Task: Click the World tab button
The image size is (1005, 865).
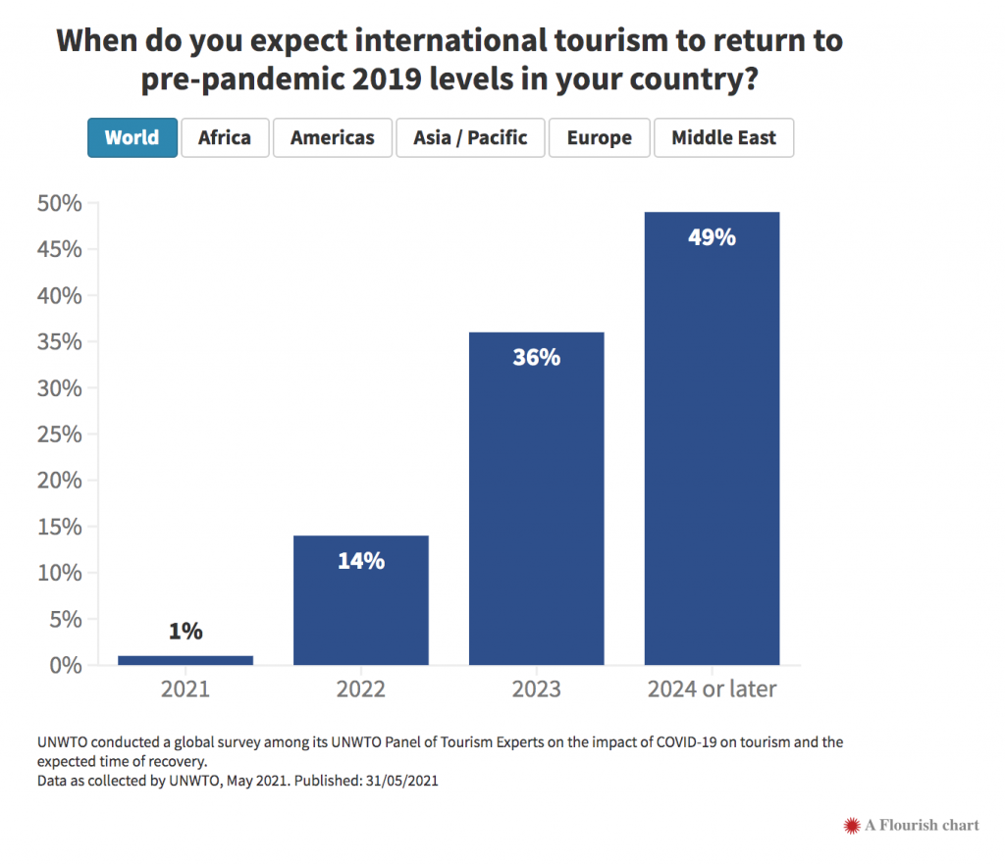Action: tap(132, 138)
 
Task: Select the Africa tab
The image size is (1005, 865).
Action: tap(225, 138)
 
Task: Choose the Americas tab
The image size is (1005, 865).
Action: tap(333, 138)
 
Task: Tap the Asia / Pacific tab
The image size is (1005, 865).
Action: tap(470, 138)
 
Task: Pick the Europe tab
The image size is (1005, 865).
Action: tap(599, 138)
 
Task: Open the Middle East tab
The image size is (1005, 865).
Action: tap(723, 138)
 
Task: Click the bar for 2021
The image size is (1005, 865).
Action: tap(185, 660)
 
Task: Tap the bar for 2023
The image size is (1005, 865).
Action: tap(537, 510)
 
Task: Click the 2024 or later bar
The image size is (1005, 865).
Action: tap(712, 441)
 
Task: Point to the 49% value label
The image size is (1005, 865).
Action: tap(712, 237)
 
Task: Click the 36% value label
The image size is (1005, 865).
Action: tap(537, 358)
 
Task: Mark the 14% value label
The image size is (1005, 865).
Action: tap(361, 561)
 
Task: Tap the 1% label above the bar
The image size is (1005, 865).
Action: tap(185, 632)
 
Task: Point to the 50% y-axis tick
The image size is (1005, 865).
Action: tap(60, 204)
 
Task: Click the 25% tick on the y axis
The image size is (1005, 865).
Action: tap(60, 434)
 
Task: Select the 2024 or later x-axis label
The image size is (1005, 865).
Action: tap(712, 689)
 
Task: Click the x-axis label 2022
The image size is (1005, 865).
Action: tap(361, 689)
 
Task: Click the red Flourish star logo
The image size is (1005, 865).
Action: tap(852, 826)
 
